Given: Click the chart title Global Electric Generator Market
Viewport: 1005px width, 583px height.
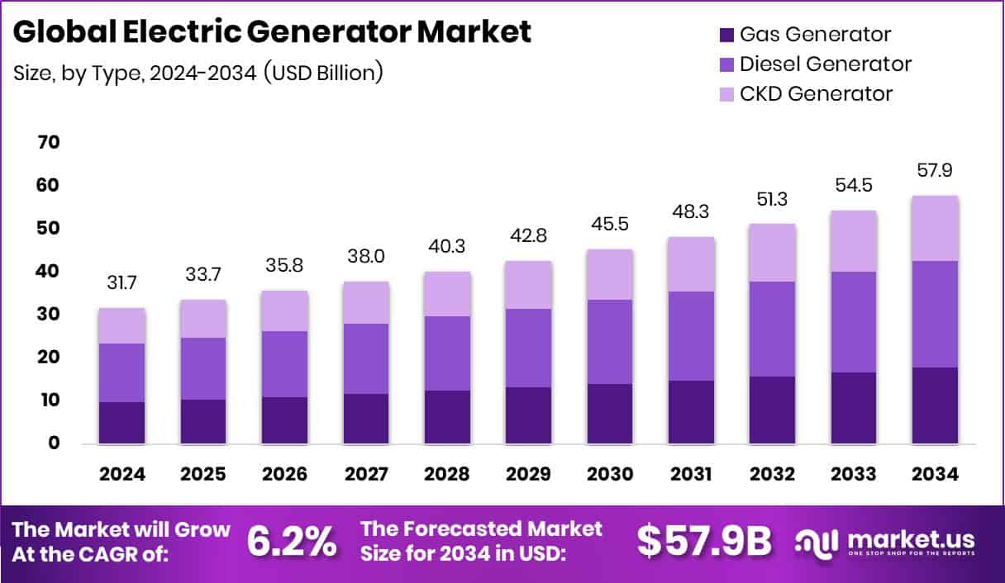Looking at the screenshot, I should point(273,32).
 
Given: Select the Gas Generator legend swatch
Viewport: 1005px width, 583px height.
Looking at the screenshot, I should point(726,35).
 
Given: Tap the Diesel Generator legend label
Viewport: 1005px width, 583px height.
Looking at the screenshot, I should point(826,64).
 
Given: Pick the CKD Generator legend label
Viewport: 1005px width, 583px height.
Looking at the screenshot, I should point(816,93).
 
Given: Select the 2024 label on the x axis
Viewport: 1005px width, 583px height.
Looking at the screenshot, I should point(122,474).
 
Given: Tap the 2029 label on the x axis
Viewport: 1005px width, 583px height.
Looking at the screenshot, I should point(529,474).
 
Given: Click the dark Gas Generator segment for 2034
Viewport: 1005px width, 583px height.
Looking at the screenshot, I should point(936,405).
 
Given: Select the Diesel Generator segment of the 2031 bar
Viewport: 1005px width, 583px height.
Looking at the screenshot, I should point(691,336).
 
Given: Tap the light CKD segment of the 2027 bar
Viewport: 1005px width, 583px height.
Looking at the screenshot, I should point(366,302).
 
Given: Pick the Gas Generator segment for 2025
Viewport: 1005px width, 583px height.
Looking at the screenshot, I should point(203,422).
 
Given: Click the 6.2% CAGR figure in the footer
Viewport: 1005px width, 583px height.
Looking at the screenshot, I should point(292,541).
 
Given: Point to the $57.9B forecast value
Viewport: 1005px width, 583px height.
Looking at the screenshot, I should point(703,541).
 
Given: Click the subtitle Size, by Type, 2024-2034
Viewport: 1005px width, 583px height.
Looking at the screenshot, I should point(198,73).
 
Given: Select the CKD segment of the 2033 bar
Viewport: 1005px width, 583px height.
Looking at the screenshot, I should point(854,241).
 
